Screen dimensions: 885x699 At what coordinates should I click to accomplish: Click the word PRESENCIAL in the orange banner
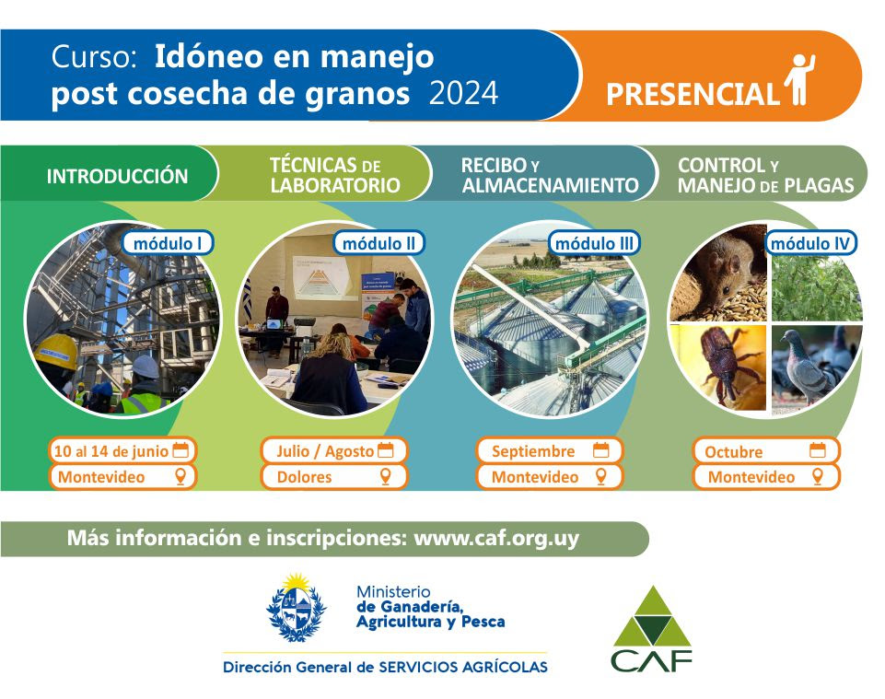693,94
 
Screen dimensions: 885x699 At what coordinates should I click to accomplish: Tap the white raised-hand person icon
799,79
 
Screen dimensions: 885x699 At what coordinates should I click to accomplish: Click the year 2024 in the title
463,93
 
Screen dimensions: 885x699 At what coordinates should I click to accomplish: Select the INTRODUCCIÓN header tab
117,176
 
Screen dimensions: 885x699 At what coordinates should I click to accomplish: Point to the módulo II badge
378,243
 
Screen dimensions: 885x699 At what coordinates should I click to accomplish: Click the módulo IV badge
810,243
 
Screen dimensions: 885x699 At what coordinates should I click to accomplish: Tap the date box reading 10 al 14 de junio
122,451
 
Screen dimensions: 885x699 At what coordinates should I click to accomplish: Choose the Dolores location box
333,476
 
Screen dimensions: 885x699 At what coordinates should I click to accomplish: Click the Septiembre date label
533,451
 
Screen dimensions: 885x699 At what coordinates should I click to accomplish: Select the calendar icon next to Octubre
817,450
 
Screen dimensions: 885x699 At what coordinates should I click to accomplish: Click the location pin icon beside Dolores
386,476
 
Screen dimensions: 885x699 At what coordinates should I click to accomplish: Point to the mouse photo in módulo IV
718,274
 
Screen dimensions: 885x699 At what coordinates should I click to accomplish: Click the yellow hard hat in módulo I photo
56,351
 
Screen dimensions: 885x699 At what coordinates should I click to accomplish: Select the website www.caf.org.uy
496,538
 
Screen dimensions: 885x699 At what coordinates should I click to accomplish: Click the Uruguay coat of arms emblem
297,608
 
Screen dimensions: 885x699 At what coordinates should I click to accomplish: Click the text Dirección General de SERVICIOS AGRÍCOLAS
385,667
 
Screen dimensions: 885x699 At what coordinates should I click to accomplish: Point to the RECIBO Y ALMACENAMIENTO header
550,175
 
